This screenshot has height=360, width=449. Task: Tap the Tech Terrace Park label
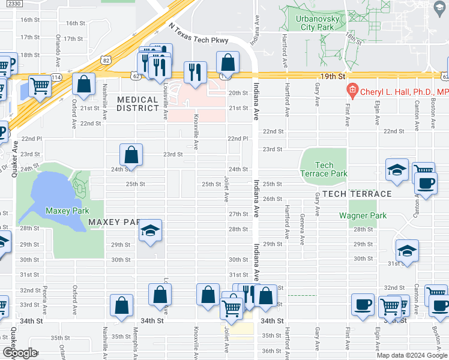(324, 169)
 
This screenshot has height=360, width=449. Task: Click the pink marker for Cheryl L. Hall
(352, 91)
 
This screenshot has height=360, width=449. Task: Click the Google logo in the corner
(20, 353)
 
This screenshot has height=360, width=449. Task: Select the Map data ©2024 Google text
(411, 355)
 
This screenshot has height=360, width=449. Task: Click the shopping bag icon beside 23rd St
(131, 155)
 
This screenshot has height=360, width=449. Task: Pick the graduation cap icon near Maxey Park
(150, 230)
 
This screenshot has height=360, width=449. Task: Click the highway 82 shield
(106, 60)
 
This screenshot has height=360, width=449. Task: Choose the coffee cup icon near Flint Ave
(363, 304)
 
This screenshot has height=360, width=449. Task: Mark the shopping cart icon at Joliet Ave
(231, 308)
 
